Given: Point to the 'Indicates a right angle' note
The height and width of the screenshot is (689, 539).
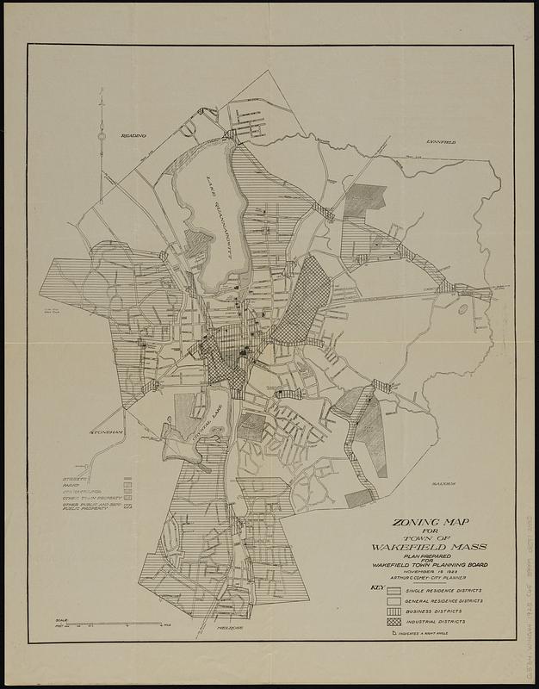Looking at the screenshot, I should coord(424,634).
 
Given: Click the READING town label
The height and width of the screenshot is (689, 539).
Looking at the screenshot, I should coord(133,136).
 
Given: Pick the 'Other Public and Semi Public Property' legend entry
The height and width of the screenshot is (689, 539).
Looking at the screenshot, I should coord(90,507).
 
